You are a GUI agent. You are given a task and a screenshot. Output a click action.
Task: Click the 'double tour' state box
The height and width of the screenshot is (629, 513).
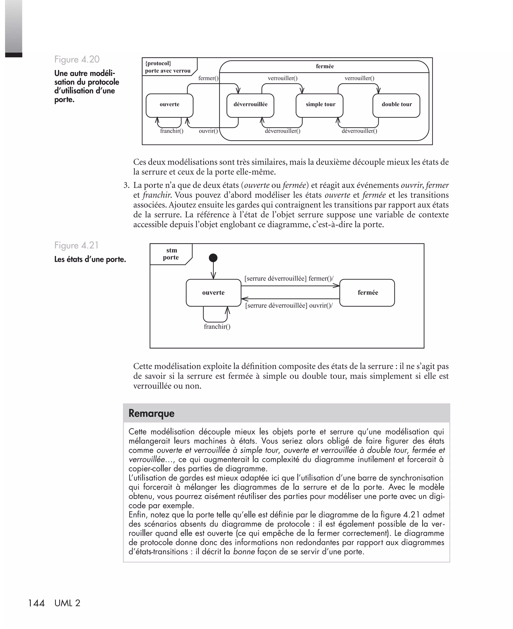tap(396, 106)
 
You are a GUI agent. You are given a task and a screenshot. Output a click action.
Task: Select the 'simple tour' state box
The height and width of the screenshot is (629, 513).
tap(319, 106)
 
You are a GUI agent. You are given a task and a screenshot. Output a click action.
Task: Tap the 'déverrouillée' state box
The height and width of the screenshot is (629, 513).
tap(250, 106)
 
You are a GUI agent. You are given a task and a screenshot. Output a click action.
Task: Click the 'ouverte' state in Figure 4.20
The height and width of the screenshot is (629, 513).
tap(169, 106)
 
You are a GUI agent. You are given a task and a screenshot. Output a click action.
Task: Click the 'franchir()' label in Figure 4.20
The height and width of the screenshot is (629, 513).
tap(172, 131)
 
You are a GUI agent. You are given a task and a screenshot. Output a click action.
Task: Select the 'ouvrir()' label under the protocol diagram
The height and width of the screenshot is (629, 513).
tap(208, 131)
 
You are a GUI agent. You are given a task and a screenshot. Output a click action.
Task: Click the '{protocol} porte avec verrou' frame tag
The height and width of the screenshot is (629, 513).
tap(168, 67)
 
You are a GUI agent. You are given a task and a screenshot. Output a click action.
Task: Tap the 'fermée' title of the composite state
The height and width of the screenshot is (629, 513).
tap(325, 66)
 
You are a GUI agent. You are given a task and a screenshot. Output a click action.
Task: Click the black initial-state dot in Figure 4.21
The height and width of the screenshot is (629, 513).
tap(213, 258)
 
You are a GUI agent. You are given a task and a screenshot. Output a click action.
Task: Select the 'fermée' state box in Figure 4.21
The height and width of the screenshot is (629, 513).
tap(367, 293)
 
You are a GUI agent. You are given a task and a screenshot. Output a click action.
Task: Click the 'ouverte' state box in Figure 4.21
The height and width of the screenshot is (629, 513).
tap(213, 293)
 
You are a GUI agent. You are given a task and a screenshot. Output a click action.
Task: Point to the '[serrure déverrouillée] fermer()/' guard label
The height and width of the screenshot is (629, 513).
tap(289, 278)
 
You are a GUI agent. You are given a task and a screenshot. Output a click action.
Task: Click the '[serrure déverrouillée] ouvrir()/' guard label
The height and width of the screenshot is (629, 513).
tap(289, 306)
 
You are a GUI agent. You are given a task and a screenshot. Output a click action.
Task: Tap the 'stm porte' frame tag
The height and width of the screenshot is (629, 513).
tap(171, 254)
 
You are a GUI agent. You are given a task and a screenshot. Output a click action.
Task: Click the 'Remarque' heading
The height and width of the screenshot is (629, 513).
tap(152, 413)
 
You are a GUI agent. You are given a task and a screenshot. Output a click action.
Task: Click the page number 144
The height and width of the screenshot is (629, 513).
tap(36, 603)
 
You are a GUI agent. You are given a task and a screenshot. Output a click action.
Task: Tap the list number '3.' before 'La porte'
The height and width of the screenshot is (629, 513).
tap(126, 185)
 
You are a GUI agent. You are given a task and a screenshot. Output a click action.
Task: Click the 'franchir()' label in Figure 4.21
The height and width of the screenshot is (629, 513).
tap(217, 327)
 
